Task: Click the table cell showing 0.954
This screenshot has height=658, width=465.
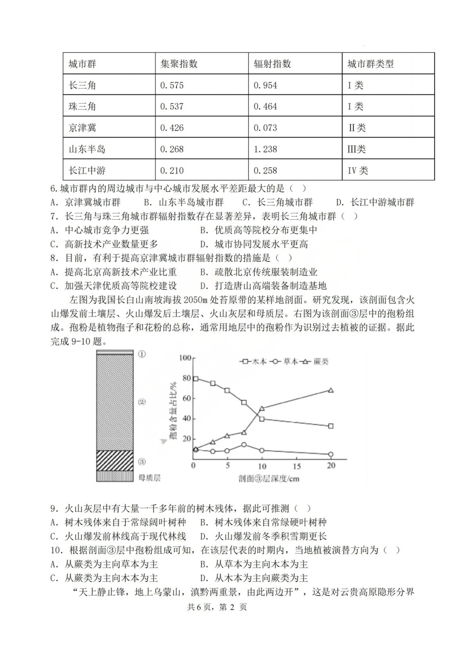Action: (x=266, y=85)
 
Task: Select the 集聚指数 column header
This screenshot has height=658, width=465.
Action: (x=179, y=64)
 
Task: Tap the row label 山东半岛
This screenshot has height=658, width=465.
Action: (x=87, y=149)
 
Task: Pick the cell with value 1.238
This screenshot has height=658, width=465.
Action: (x=266, y=149)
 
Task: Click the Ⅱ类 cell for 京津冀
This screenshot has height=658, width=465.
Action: (x=357, y=128)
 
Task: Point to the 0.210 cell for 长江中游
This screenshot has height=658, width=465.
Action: (x=172, y=171)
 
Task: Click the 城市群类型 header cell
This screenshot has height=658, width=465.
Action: (x=371, y=64)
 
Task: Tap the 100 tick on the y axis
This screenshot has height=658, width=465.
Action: (x=185, y=358)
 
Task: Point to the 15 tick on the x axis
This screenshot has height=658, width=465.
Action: (x=297, y=466)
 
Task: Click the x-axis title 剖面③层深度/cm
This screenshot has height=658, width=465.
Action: (x=269, y=478)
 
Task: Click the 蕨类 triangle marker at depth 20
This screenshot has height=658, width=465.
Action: (x=331, y=390)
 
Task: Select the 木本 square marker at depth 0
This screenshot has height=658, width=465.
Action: (x=195, y=379)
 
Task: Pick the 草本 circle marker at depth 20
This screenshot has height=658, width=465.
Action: (x=331, y=454)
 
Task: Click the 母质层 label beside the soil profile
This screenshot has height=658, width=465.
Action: (x=149, y=477)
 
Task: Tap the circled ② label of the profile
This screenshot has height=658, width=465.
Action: (x=142, y=402)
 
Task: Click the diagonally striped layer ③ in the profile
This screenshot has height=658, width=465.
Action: (x=115, y=460)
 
